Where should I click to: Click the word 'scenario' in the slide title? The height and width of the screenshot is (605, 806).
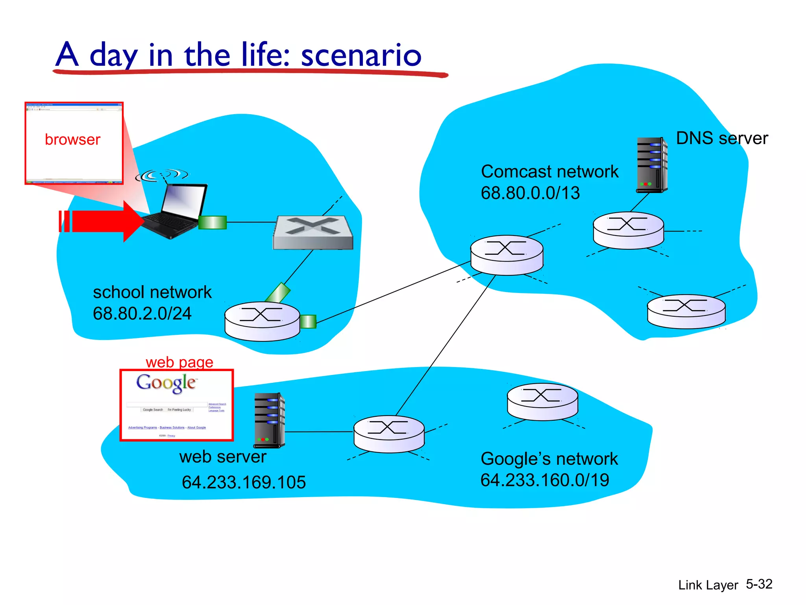[x=361, y=55]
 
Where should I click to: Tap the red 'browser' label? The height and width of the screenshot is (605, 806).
[x=72, y=139]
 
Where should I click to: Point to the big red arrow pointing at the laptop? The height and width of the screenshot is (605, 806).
[x=102, y=221]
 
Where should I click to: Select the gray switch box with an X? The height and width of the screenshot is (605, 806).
[x=313, y=232]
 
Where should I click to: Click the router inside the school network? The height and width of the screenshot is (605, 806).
[x=262, y=321]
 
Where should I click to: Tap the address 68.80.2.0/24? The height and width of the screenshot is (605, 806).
[x=142, y=314]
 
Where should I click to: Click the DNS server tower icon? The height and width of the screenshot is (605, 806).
[x=652, y=165]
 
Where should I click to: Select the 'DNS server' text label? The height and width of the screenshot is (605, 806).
[x=722, y=138]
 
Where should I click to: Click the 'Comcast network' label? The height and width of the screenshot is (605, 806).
[x=549, y=172]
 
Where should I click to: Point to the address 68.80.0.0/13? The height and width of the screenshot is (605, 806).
[x=530, y=193]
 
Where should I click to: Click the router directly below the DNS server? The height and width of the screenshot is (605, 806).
[x=628, y=230]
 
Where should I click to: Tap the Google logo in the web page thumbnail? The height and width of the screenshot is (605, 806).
[x=166, y=383]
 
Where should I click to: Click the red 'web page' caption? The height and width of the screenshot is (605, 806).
[x=179, y=362]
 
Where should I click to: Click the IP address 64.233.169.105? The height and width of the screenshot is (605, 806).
[x=244, y=482]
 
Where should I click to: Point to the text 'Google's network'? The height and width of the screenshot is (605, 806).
[x=549, y=459]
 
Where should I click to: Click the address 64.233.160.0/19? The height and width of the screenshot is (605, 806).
[x=545, y=480]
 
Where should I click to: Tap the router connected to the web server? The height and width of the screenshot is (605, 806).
[x=389, y=434]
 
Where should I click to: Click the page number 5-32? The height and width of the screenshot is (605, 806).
[x=759, y=584]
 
